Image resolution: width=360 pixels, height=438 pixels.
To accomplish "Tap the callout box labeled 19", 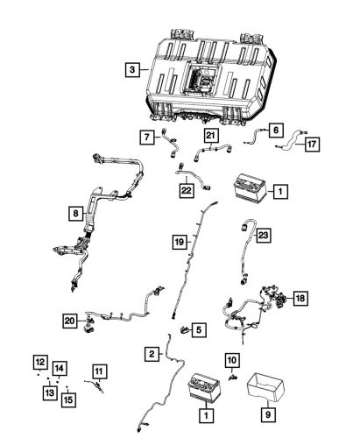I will coord(178,240).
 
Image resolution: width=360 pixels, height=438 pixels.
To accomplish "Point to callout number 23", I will coord(264,235).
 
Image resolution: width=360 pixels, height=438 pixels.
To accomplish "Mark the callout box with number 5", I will coord(199,329).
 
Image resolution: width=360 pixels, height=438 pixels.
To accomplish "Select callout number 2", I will coord(152,353).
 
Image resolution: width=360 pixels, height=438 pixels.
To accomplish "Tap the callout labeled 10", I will coord(232,360).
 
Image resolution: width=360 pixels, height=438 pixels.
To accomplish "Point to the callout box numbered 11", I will coord(98,371).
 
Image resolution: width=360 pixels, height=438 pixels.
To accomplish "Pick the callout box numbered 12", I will coord(39,361).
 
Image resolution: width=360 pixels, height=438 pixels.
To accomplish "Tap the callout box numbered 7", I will coord(147,136).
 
